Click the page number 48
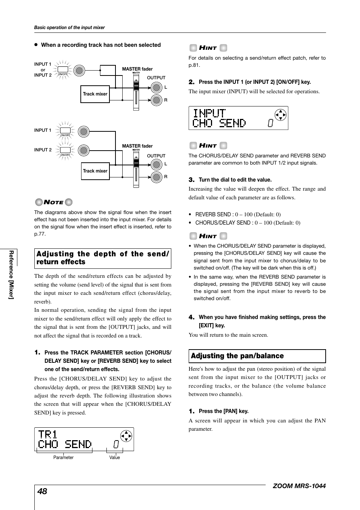pyautogui.click(x=42, y=491)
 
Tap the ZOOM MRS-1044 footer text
pyautogui.click(x=299, y=486)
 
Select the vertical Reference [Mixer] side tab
pyautogui.click(x=12, y=274)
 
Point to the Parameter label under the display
pyautogui.click(x=63, y=458)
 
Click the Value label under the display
pyautogui.click(x=114, y=458)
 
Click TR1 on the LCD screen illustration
pyautogui.click(x=48, y=435)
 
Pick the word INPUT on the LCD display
pyautogui.click(x=209, y=113)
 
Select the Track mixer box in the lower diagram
pyautogui.click(x=95, y=171)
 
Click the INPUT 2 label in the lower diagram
pyautogui.click(x=43, y=150)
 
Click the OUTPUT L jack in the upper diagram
pyautogui.click(x=156, y=88)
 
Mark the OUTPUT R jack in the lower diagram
pyautogui.click(x=156, y=176)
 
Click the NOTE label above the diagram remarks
pyautogui.click(x=54, y=202)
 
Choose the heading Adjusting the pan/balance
pyautogui.click(x=237, y=356)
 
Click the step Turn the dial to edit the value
pyautogui.click(x=235, y=180)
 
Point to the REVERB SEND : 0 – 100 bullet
pyautogui.click(x=238, y=214)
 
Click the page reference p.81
pyautogui.click(x=194, y=65)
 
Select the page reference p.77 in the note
pyautogui.click(x=40, y=234)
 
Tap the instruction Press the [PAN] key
pyautogui.click(x=223, y=411)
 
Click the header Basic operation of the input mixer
pyautogui.click(x=69, y=28)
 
